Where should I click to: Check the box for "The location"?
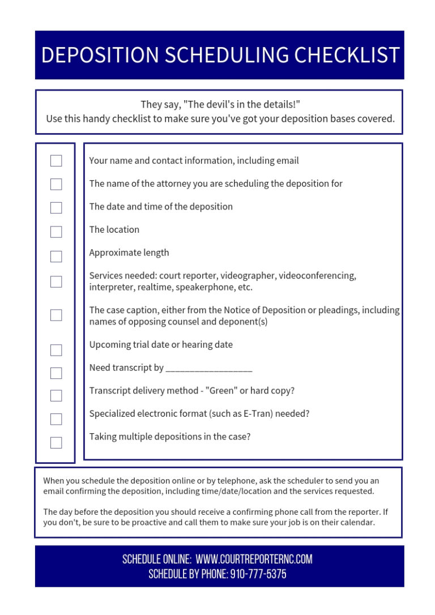pos(56,232)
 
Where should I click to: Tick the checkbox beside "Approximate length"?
pos(56,257)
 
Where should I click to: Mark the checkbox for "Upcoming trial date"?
pos(56,350)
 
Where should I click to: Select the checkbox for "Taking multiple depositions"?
pos(56,442)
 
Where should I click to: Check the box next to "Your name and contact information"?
pos(56,161)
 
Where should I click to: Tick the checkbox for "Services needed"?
pos(56,281)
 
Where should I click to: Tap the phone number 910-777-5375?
pos(258,574)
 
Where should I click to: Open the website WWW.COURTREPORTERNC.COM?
pos(254,560)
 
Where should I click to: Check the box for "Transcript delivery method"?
pos(56,395)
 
